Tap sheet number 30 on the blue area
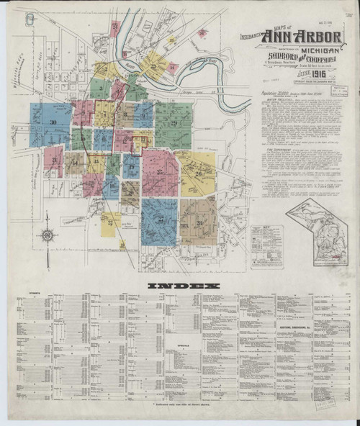pos(53,123)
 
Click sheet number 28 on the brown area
pos(199,222)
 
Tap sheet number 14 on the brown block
pos(75,163)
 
